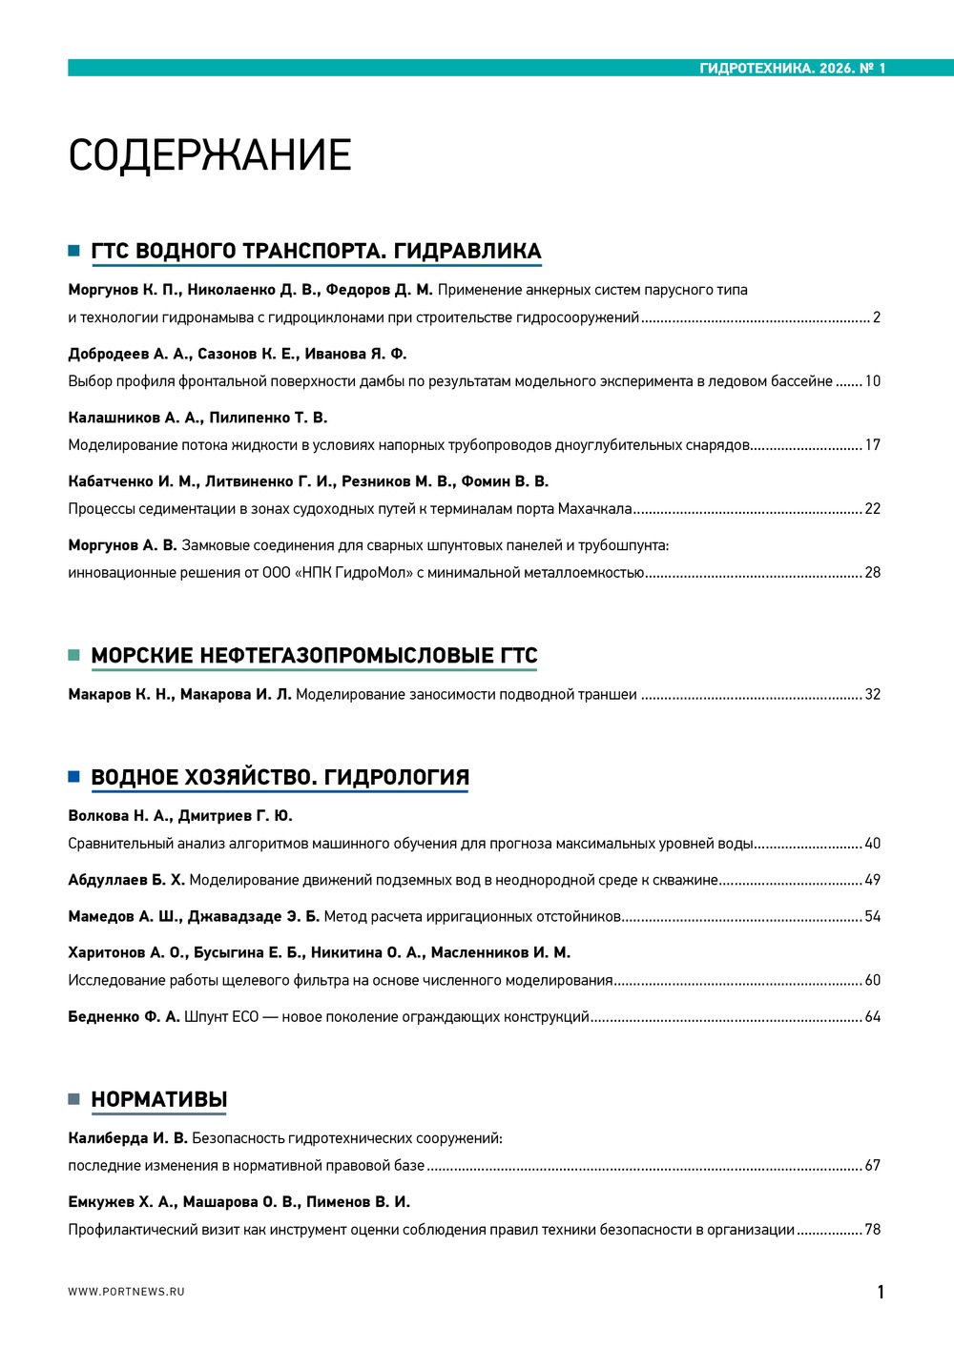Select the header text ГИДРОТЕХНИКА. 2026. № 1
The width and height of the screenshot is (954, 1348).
[792, 69]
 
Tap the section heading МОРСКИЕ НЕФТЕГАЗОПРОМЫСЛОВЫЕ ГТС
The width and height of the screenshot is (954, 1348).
[314, 656]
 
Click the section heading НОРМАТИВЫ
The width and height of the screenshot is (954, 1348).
[158, 1100]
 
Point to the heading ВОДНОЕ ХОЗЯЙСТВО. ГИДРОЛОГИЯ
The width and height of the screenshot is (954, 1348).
[280, 778]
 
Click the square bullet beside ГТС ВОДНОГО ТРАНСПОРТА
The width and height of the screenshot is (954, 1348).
[73, 251]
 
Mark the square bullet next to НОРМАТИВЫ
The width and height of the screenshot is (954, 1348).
[73, 1099]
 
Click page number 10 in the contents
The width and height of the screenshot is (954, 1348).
[872, 381]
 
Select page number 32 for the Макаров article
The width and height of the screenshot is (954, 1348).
[872, 695]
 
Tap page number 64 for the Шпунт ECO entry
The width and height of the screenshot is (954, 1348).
[872, 1017]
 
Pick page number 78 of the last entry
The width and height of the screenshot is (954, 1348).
[872, 1230]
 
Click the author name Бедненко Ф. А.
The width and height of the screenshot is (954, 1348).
[124, 1017]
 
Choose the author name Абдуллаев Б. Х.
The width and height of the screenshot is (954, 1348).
[127, 880]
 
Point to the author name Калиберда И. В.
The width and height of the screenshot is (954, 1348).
[128, 1138]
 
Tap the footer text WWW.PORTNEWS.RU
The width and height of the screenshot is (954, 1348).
[126, 1292]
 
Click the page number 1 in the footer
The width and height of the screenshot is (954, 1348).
[881, 1293]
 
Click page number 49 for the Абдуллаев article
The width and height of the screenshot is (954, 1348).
[872, 880]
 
